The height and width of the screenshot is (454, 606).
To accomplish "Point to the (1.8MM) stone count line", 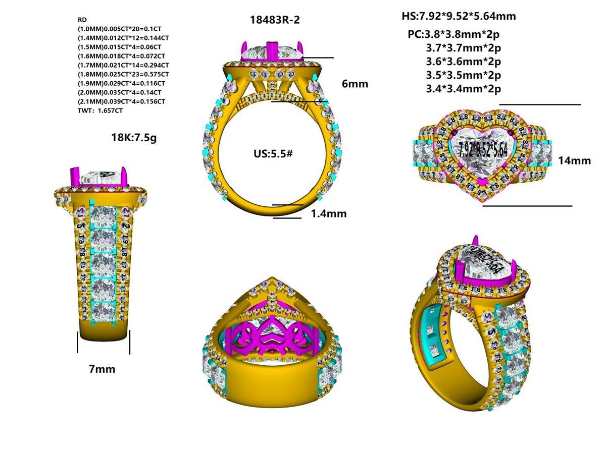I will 123,74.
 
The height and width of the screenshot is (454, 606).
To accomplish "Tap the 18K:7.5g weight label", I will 134,137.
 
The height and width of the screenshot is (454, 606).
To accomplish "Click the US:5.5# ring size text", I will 273,152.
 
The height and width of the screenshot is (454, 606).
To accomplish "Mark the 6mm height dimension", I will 355,84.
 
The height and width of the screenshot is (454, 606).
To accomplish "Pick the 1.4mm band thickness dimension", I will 328,213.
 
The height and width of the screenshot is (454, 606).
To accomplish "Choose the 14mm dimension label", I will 574,160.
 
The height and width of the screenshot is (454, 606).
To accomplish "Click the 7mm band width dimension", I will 102,369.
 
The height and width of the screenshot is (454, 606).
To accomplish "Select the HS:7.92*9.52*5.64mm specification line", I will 459,16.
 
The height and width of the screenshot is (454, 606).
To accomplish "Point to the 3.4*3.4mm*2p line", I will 463,89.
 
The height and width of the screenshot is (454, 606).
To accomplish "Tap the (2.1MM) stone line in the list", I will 122,101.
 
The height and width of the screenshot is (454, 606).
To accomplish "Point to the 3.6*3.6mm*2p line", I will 463,62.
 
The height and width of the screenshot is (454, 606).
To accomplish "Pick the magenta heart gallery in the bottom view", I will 272,336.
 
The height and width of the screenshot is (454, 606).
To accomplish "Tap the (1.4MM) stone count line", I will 123,38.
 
